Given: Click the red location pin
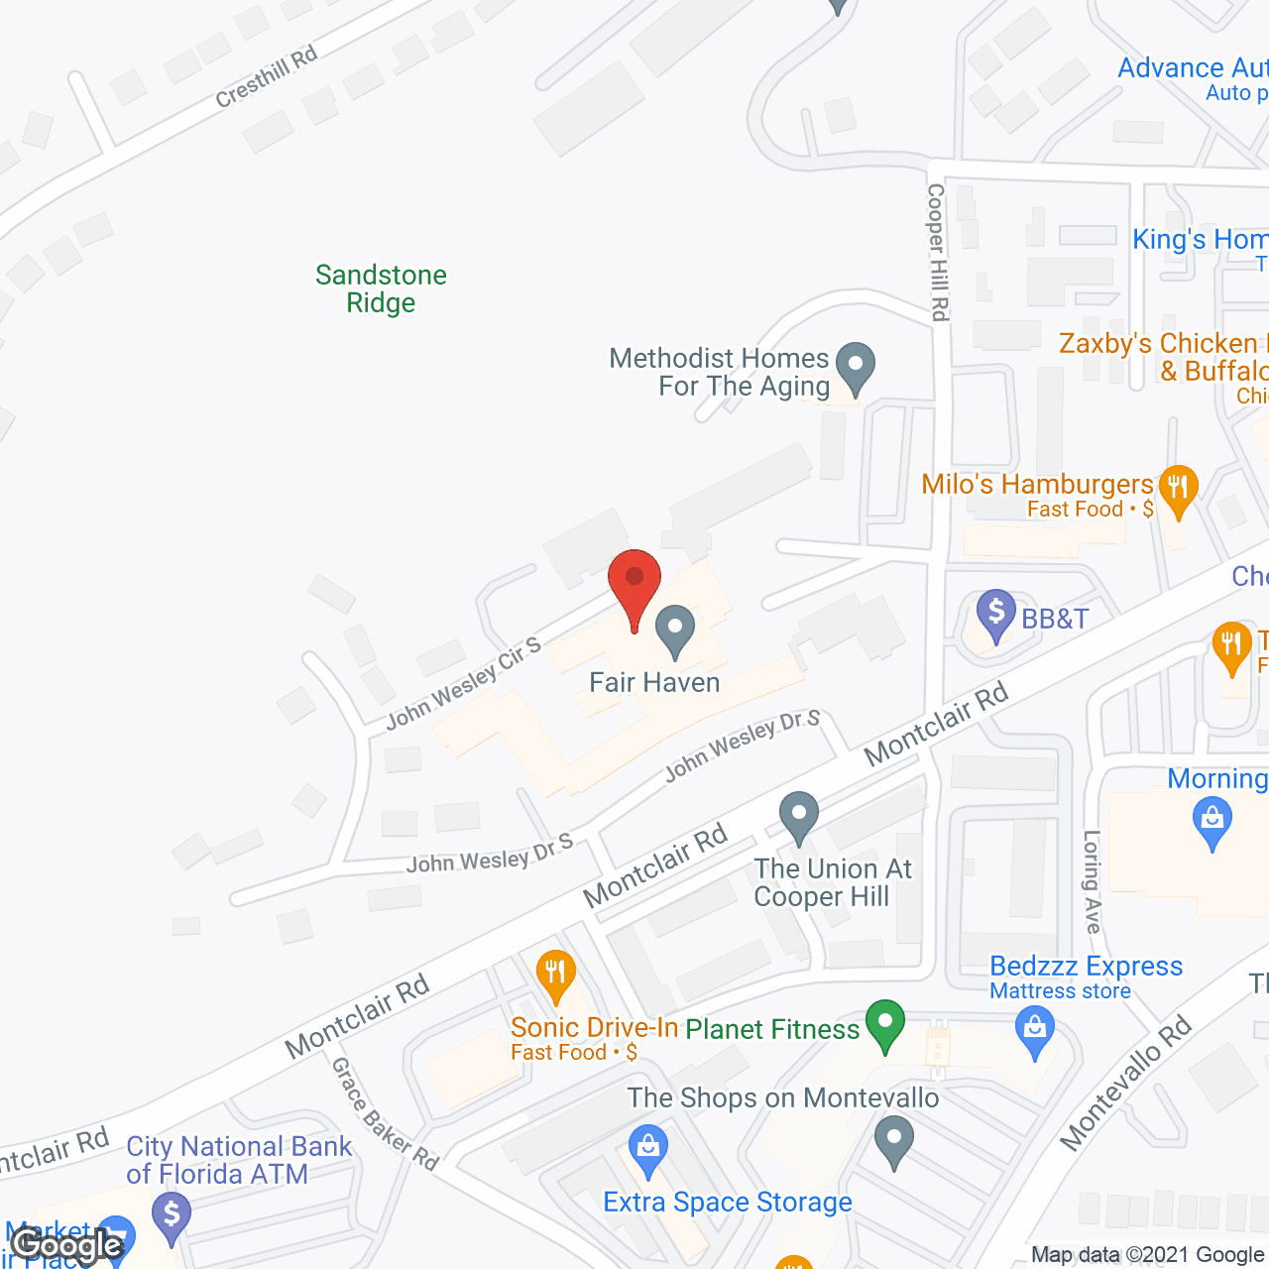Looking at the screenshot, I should click(x=634, y=583).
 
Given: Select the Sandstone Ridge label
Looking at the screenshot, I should click(x=381, y=288).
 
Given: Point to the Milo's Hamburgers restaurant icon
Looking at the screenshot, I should click(x=1178, y=490).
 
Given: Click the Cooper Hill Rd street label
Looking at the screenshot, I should click(x=938, y=252).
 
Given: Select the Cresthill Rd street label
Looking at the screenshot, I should click(x=266, y=76).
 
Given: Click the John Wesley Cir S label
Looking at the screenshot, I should click(x=463, y=683).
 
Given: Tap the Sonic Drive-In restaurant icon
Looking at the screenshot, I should click(x=555, y=975).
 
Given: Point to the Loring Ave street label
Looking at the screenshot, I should click(x=1092, y=881).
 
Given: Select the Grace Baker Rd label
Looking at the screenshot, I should click(x=385, y=1113).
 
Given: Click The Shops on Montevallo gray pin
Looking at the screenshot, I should click(x=894, y=1139).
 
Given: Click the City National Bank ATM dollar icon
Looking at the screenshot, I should click(x=172, y=1216).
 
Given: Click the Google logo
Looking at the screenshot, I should click(x=67, y=1244).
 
